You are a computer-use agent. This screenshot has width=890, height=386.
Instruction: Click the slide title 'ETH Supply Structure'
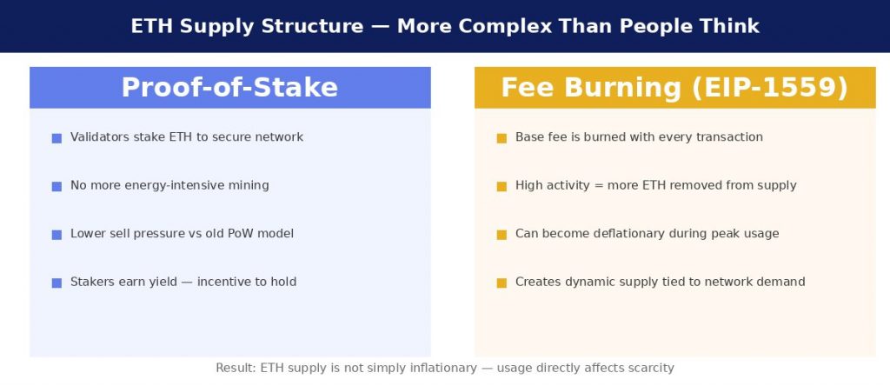click(x=247, y=26)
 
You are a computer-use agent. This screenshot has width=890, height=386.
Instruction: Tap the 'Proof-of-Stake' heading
click(x=229, y=88)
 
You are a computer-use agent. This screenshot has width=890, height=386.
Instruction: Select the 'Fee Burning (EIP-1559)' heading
click(x=674, y=88)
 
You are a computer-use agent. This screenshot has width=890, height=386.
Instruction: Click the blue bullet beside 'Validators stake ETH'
click(x=56, y=138)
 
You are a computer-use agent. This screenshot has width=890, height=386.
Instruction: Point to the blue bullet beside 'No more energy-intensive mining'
click(x=56, y=186)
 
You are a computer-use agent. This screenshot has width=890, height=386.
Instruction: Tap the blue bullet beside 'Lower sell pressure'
click(x=56, y=235)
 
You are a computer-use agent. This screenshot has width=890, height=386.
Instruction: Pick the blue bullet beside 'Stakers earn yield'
click(x=56, y=283)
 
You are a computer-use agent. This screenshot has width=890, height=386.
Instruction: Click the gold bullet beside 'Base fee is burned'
click(x=501, y=138)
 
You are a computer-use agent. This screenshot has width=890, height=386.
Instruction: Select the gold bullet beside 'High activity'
click(x=501, y=186)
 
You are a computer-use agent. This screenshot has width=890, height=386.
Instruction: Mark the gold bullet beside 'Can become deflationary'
click(x=501, y=235)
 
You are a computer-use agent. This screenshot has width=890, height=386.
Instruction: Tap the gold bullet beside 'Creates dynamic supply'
click(x=501, y=283)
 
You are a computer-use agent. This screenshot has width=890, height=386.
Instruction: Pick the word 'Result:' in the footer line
click(x=236, y=368)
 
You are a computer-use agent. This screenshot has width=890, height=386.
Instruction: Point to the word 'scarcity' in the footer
click(x=652, y=369)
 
